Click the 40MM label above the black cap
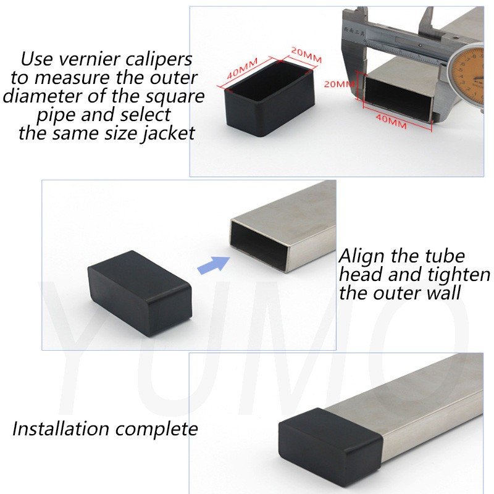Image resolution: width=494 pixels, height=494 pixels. [242, 68]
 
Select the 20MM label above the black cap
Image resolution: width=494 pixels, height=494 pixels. [306, 55]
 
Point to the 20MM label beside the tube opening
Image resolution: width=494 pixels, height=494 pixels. [339, 84]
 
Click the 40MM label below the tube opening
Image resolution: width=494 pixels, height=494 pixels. [391, 121]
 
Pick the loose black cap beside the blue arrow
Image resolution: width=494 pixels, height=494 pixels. [140, 293]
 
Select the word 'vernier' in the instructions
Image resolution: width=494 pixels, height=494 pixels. [89, 59]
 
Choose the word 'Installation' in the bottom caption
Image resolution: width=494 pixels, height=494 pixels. [61, 429]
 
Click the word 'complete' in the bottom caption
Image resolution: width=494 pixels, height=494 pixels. [157, 430]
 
